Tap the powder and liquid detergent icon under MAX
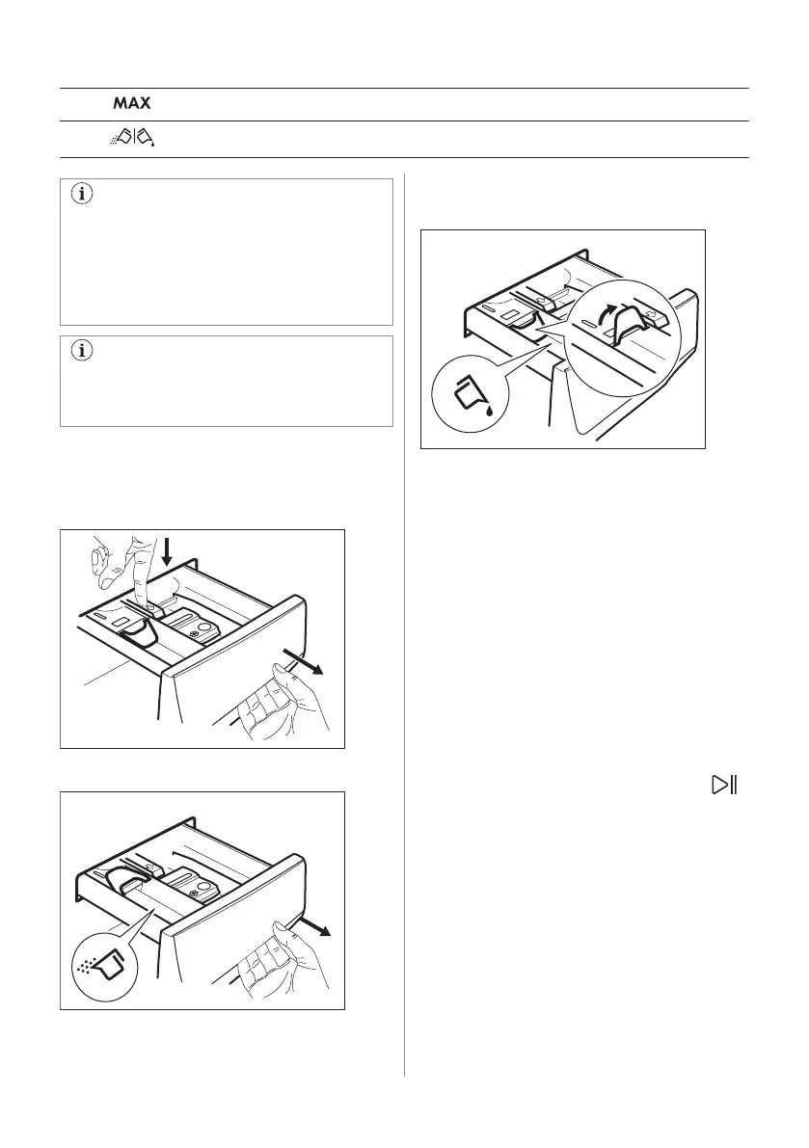(x=133, y=138)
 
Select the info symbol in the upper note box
(x=81, y=194)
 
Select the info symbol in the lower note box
(x=81, y=352)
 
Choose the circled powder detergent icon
(x=99, y=964)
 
